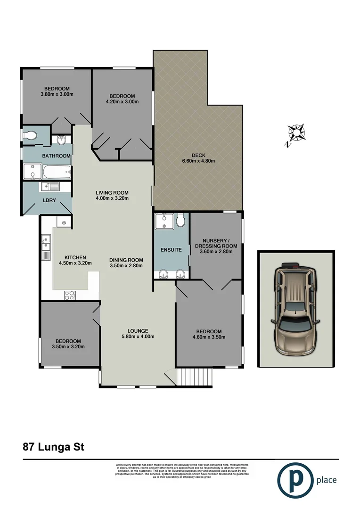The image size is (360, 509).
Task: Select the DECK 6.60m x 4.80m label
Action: pyautogui.click(x=198, y=158)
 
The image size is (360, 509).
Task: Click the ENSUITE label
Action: pyautogui.click(x=171, y=250)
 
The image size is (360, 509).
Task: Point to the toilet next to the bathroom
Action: pyautogui.click(x=30, y=136)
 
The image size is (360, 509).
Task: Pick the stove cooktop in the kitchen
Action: pyautogui.click(x=70, y=296)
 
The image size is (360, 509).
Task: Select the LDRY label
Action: pyautogui.click(x=49, y=200)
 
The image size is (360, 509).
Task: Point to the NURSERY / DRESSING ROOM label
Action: pyautogui.click(x=216, y=243)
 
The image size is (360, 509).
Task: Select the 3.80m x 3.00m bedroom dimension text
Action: pyautogui.click(x=57, y=94)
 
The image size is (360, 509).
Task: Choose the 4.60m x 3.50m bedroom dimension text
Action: pyautogui.click(x=209, y=337)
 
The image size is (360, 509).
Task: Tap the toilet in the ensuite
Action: pyautogui.click(x=180, y=220)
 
